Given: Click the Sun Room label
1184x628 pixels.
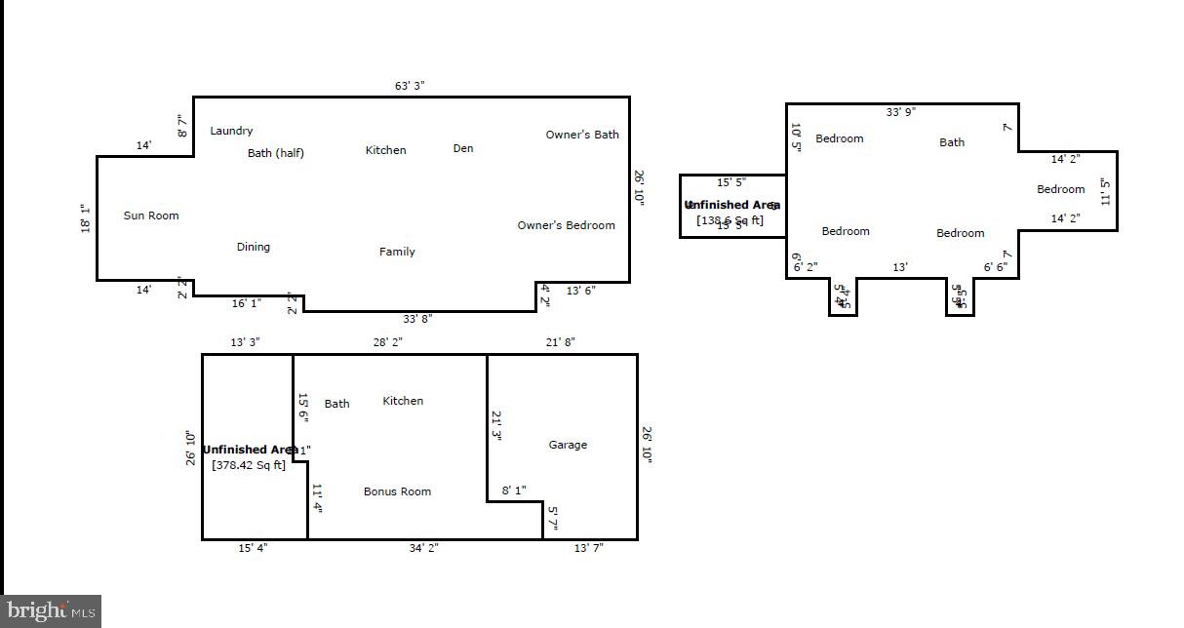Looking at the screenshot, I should [x=151, y=216].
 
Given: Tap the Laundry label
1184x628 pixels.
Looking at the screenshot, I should [x=231, y=131].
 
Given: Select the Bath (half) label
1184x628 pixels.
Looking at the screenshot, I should [x=275, y=153].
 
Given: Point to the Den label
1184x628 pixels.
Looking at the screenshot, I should [x=463, y=148].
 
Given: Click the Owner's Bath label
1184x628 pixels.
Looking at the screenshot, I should [x=581, y=135].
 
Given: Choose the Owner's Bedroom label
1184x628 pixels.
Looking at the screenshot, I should [x=566, y=225].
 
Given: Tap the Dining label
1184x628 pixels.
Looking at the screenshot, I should [x=253, y=247].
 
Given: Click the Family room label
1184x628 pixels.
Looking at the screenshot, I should [x=397, y=252].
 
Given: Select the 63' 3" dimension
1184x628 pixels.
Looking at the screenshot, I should [x=409, y=86].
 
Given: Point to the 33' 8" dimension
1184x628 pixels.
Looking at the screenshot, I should [x=417, y=319].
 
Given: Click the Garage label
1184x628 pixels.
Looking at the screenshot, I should [x=568, y=445].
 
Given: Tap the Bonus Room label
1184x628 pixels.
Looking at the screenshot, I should [x=397, y=491].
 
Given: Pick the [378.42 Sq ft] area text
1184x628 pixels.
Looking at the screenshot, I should [x=249, y=465].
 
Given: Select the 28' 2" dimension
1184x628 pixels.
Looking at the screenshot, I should [x=387, y=342].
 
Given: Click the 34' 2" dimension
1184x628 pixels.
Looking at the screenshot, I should [x=423, y=548].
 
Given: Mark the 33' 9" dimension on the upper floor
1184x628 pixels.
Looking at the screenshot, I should [x=900, y=111].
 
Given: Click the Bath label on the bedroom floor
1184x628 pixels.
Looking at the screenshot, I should [x=952, y=142].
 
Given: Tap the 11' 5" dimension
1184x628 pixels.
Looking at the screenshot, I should [x=1104, y=191].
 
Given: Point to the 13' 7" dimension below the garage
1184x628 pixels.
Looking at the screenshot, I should [x=588, y=548].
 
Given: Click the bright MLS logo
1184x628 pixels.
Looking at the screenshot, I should [x=51, y=611].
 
